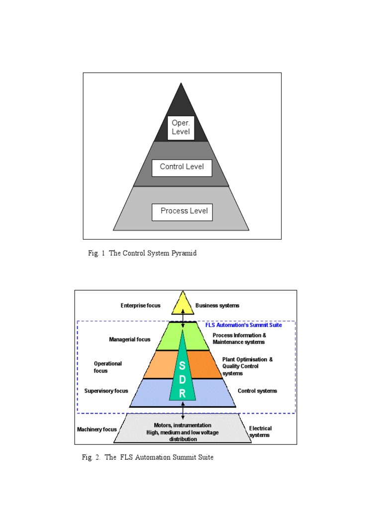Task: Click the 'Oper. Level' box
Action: point(181,128)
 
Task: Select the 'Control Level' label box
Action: point(182,167)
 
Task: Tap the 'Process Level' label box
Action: point(182,211)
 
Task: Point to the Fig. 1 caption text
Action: point(142,253)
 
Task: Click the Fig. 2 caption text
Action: point(148,457)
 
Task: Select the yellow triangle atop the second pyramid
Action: point(183,304)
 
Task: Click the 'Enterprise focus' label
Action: point(140,306)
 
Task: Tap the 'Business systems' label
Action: point(217,306)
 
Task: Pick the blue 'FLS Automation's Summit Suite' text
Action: point(244,325)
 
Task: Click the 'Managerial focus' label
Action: point(129,340)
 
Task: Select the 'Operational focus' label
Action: point(108,367)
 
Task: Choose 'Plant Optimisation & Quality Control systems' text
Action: point(247,366)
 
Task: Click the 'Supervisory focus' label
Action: point(106,391)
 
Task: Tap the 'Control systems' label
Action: point(257,391)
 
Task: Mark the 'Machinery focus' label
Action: point(96,429)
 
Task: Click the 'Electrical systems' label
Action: point(260,431)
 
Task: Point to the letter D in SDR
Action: point(183,379)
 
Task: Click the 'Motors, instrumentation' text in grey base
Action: point(183,425)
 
